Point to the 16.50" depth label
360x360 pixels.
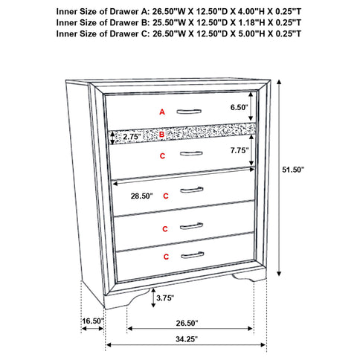coord(93,321)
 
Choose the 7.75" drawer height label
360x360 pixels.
coord(237,149)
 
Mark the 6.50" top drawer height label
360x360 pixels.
coord(237,108)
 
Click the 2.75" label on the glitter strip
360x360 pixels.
coord(132,138)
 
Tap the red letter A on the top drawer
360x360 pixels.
coord(161,112)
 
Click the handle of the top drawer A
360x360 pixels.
coord(190,111)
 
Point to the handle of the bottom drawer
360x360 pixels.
coord(191,255)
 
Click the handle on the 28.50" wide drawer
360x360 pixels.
coord(191,190)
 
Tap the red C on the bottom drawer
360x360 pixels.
coord(166,257)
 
